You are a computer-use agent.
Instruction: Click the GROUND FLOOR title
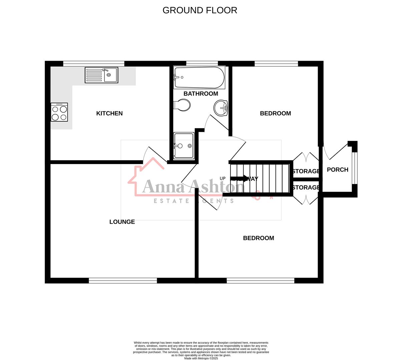click(199, 10)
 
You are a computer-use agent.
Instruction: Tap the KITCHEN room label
click(109, 113)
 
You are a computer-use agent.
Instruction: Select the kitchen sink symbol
click(101, 75)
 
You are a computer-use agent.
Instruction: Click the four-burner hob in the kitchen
click(59, 112)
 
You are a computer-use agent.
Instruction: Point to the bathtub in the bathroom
click(199, 77)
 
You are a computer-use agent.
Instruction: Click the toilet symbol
click(182, 105)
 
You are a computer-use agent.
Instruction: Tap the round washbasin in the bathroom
click(221, 108)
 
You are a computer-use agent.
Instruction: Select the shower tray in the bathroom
click(183, 146)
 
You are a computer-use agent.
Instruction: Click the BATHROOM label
click(201, 94)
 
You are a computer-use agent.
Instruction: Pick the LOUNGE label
click(122, 222)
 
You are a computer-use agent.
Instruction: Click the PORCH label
click(337, 170)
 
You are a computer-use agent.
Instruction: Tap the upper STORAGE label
click(306, 171)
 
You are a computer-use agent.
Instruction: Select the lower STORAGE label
click(306, 188)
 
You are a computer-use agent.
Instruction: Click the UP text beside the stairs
click(223, 178)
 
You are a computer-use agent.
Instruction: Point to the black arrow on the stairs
click(240, 178)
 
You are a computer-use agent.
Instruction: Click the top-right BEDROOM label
click(275, 113)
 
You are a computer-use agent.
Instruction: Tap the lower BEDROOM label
click(259, 238)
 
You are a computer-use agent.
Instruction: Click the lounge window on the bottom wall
click(123, 281)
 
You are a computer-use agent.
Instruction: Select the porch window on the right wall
click(355, 168)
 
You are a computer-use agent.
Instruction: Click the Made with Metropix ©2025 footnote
click(201, 358)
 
